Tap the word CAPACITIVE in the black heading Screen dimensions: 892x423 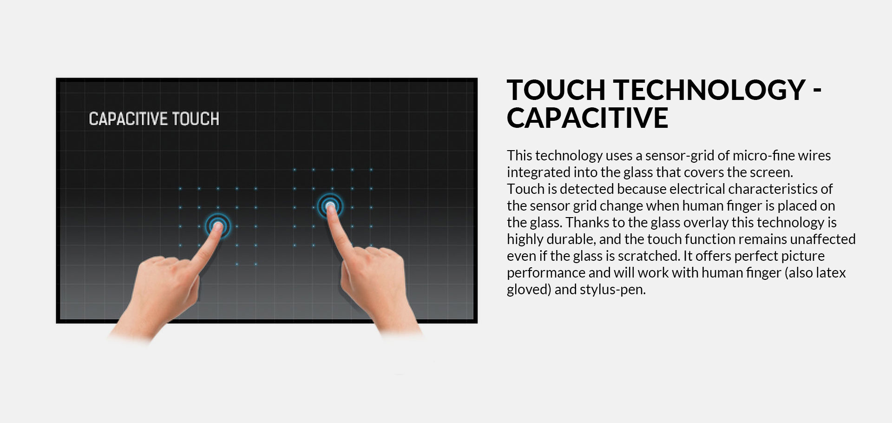pyautogui.click(x=587, y=118)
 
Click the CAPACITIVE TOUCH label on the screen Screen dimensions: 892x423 pyautogui.click(x=154, y=119)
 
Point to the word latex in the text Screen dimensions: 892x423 pyautogui.click(x=831, y=273)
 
